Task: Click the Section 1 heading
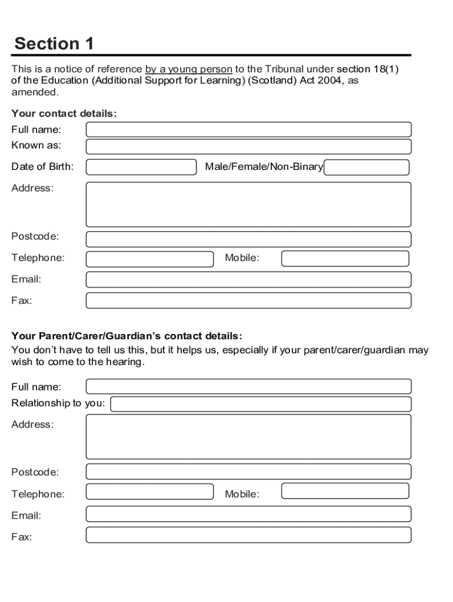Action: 54,44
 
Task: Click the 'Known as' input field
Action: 248,146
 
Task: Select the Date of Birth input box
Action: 141,167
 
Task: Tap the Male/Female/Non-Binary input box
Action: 367,168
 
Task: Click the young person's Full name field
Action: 248,130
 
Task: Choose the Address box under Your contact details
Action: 248,204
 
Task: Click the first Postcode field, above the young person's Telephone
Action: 248,239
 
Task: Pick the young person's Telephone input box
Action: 149,259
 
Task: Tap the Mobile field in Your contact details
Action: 345,259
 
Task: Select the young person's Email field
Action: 248,279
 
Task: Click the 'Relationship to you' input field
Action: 261,404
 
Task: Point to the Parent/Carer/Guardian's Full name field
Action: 248,387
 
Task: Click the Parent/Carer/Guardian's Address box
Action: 248,437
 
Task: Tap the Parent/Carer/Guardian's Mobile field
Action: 345,491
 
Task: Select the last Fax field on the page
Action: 248,535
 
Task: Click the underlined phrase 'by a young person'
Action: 188,69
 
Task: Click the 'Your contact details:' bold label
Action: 64,113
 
